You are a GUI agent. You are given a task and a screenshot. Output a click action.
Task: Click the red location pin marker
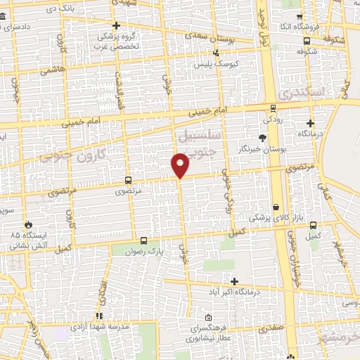[x=181, y=164]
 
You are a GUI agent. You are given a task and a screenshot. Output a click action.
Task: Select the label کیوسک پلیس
[x=217, y=63]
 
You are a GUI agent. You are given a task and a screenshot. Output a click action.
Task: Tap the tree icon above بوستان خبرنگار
[x=262, y=138]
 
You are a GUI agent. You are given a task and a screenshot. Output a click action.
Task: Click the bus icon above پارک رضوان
[x=144, y=240]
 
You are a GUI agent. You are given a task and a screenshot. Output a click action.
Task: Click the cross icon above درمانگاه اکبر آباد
[x=234, y=281]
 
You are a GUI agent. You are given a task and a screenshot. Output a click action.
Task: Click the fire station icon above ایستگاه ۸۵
[x=28, y=224]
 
